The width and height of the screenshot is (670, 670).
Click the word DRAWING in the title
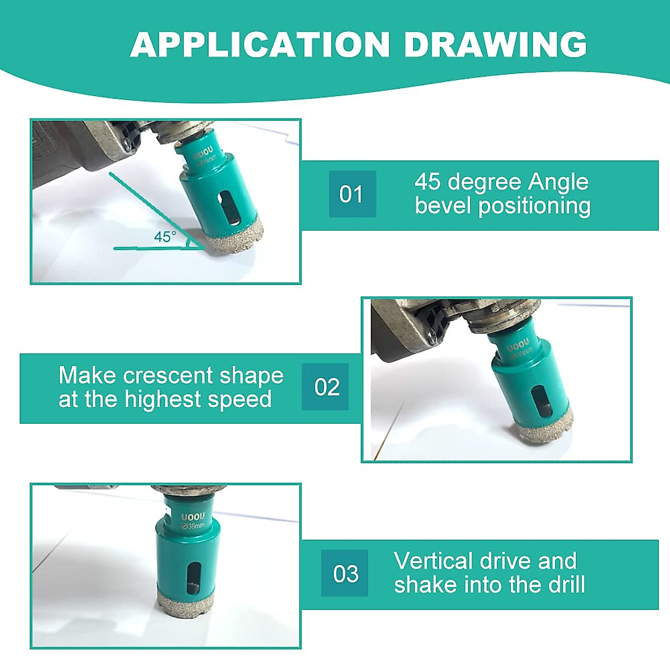pyautogui.click(x=495, y=45)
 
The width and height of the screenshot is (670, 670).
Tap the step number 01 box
pyautogui.click(x=352, y=194)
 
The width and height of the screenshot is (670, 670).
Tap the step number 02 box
pyautogui.click(x=326, y=387)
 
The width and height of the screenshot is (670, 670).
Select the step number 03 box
pyautogui.click(x=344, y=573)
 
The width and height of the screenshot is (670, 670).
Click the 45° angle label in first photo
pyautogui.click(x=165, y=237)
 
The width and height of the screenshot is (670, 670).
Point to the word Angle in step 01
pyautogui.click(x=558, y=182)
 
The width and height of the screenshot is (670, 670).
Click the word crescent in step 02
pyautogui.click(x=168, y=376)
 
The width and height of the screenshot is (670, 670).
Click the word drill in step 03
pyautogui.click(x=567, y=585)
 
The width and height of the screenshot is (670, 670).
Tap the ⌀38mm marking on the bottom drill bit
pyautogui.click(x=193, y=526)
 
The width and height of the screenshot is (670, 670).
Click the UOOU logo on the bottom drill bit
pyautogui.click(x=193, y=516)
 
